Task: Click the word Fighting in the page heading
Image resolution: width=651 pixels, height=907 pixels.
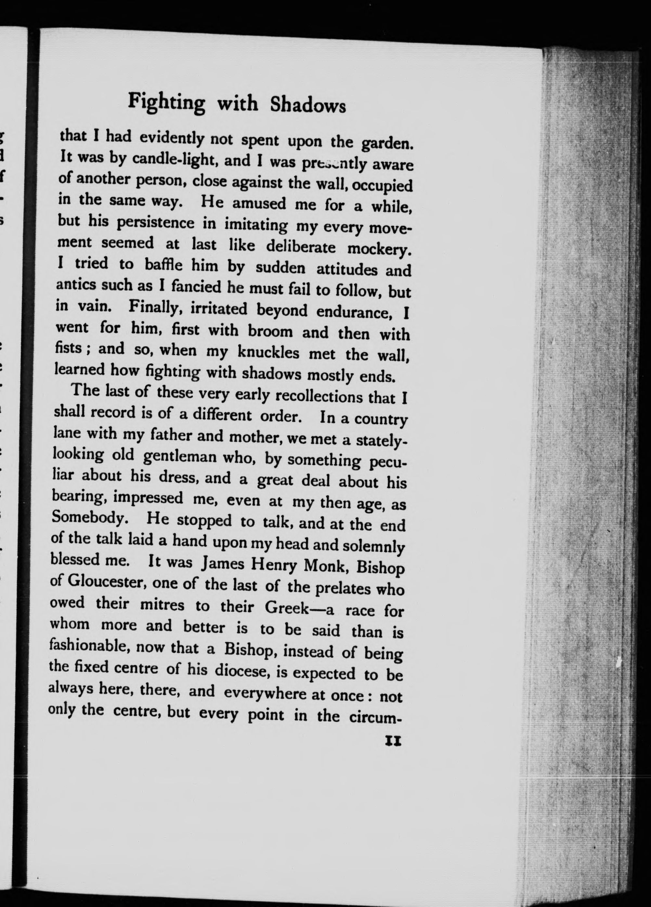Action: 166,102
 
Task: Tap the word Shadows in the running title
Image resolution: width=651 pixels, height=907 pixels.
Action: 307,108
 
